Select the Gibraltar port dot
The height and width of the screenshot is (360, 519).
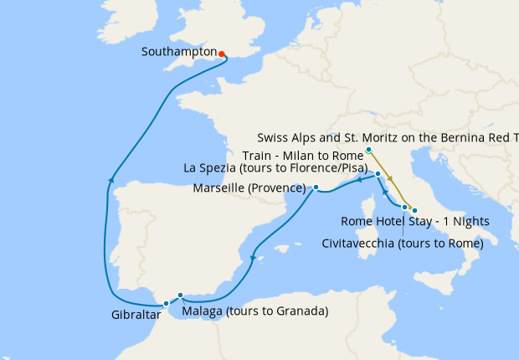[167, 303]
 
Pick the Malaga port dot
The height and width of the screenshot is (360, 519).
[181, 296]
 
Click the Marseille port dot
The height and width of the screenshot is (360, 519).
[316, 188]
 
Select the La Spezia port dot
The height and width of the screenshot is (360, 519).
[378, 174]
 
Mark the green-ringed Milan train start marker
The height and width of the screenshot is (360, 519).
[368, 151]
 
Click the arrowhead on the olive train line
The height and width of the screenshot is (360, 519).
[390, 179]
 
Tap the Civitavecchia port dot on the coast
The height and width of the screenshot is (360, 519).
[404, 207]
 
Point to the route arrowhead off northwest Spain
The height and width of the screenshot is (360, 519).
[110, 178]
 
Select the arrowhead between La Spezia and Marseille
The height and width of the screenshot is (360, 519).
[357, 178]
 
